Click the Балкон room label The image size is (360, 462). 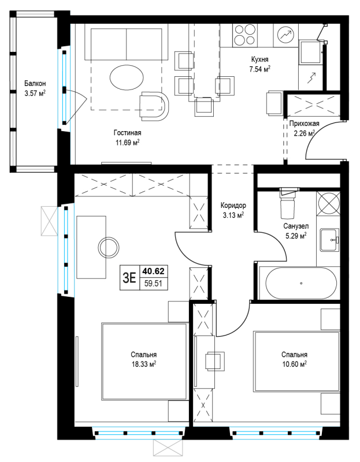click(35, 84)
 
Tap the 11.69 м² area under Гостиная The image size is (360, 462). click(127, 143)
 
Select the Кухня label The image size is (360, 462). click(260, 59)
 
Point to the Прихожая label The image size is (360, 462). click(304, 124)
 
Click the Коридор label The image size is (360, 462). click(233, 206)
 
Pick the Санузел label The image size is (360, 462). click(296, 226)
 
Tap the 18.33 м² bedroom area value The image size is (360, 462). click(144, 364)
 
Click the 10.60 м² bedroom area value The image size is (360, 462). click(295, 364)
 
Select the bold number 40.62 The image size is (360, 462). click(154, 271)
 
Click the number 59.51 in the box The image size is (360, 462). click(154, 284)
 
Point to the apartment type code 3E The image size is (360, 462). click(129, 278)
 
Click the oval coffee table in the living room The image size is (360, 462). click(127, 78)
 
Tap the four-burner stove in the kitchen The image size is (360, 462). click(244, 35)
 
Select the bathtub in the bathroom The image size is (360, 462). click(301, 284)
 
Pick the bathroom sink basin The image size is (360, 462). click(328, 240)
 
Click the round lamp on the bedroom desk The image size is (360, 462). click(109, 248)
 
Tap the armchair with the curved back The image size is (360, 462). click(154, 106)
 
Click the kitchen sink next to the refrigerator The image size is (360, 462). click(310, 52)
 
